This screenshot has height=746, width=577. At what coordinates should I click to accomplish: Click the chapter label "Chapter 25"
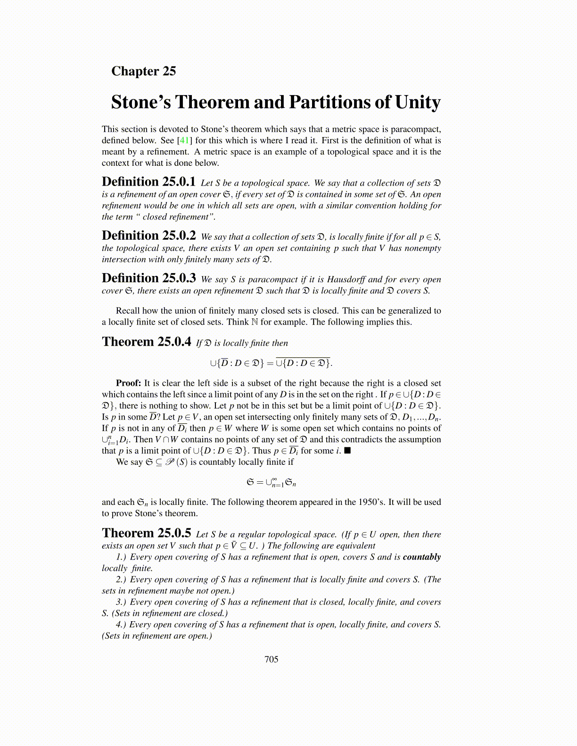pyautogui.click(x=143, y=71)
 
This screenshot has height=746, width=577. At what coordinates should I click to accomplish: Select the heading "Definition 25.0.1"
pyautogui.click(x=148, y=182)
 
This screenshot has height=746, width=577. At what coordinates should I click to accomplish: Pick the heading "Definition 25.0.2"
pyautogui.click(x=148, y=235)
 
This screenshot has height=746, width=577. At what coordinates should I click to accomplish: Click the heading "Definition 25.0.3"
pyautogui.click(x=148, y=278)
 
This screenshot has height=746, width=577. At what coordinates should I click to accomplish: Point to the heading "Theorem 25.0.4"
pyautogui.click(x=146, y=341)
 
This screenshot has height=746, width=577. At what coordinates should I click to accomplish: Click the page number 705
pyautogui.click(x=272, y=659)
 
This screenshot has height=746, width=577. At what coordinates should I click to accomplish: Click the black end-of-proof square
pyautogui.click(x=347, y=451)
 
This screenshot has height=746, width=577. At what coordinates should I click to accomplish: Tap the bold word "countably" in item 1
pyautogui.click(x=421, y=557)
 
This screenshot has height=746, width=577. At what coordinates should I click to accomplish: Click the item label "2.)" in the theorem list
pyautogui.click(x=121, y=579)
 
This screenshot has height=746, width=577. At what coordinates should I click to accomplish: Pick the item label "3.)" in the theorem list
pyautogui.click(x=121, y=602)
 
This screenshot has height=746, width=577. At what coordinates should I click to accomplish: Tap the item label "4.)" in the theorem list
pyautogui.click(x=121, y=624)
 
